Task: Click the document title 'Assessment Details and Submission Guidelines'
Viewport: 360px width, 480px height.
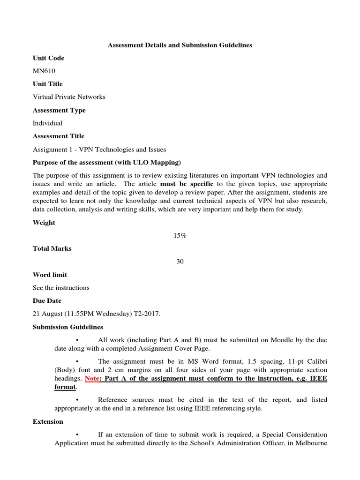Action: point(180,45)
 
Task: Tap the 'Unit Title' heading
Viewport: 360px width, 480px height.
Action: point(47,84)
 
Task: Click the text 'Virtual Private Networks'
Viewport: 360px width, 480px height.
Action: point(69,97)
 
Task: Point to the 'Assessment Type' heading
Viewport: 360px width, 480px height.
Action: point(59,110)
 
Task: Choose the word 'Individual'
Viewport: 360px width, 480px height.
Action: point(47,123)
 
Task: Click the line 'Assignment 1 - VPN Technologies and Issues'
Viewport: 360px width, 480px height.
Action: point(99,150)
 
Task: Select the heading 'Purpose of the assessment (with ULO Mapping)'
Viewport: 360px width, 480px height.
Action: point(106,162)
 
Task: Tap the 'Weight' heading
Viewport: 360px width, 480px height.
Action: point(44,223)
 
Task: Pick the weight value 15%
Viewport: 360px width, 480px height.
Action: point(180,236)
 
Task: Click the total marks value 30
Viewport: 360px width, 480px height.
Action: point(180,262)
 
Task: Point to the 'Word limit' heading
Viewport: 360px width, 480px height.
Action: point(50,275)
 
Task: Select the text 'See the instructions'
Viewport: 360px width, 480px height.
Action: point(61,288)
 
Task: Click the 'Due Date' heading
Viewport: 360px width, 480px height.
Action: point(47,300)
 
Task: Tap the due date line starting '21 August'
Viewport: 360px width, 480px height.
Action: point(97,314)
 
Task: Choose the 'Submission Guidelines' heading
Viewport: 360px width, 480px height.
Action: point(68,327)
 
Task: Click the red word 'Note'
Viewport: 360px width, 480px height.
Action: point(91,378)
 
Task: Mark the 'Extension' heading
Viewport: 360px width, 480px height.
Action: point(48,421)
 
